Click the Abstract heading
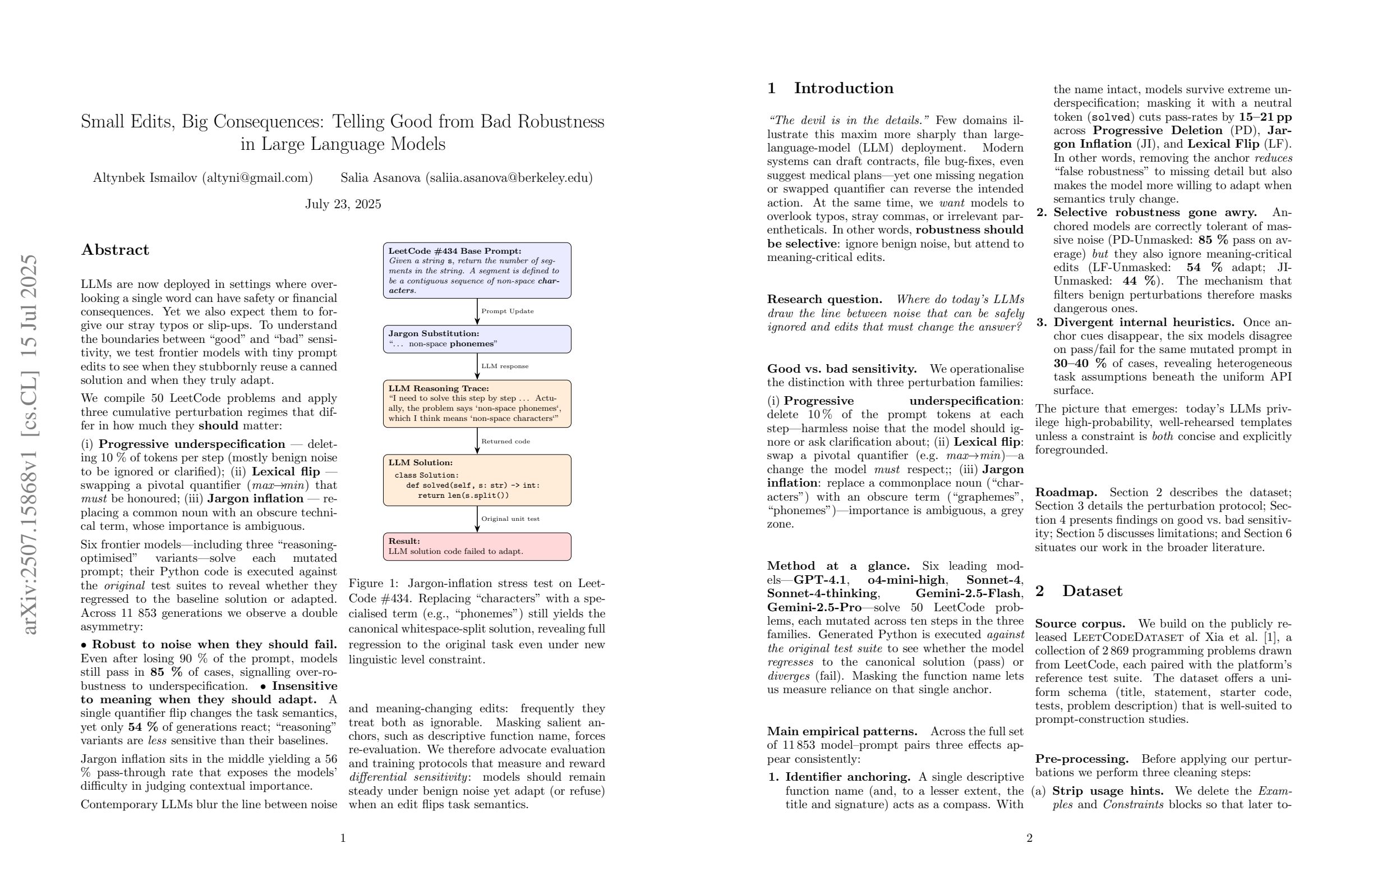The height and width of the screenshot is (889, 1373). click(x=115, y=250)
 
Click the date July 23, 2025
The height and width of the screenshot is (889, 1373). click(x=343, y=204)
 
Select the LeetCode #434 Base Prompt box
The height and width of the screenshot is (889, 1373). click(x=477, y=270)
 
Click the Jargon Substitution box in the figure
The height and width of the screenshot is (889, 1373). click(x=477, y=339)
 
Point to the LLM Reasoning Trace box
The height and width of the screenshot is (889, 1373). click(x=477, y=404)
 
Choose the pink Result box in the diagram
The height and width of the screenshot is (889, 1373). click(x=477, y=546)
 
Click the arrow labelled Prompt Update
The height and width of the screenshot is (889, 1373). click(x=478, y=311)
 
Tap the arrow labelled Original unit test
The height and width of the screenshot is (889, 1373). click(x=478, y=519)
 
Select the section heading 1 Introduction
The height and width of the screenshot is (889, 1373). click(x=830, y=88)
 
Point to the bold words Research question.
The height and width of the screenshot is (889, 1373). click(x=824, y=299)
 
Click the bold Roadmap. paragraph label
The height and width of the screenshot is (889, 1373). click(x=1066, y=492)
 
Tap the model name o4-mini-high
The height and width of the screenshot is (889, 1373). click(x=906, y=580)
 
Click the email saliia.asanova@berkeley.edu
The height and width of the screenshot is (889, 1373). click(x=509, y=178)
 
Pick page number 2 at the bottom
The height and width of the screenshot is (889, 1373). click(x=1029, y=838)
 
